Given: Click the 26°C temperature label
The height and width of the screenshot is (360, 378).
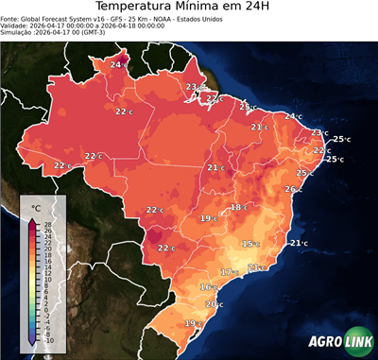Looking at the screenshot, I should tap(292, 189).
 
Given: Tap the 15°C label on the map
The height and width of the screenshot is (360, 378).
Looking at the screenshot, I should tap(249, 244).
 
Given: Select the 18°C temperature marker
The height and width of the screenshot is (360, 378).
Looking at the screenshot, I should tap(238, 207).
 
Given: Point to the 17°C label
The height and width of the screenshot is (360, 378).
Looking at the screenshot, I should tap(228, 272).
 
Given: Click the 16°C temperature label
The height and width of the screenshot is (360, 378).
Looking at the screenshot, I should tap(207, 286).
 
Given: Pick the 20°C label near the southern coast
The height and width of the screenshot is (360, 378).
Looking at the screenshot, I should tap(214, 304).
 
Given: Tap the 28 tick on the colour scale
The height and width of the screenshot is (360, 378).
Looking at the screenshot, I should tap(48, 223).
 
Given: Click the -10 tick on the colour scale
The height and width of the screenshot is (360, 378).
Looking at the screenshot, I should tap(48, 340).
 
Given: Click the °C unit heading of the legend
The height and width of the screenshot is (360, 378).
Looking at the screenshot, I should tap(36, 207).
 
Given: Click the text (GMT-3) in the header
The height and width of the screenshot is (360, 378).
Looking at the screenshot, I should tap(117, 33).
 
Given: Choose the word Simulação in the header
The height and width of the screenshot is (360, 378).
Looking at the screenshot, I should tap(17, 33).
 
